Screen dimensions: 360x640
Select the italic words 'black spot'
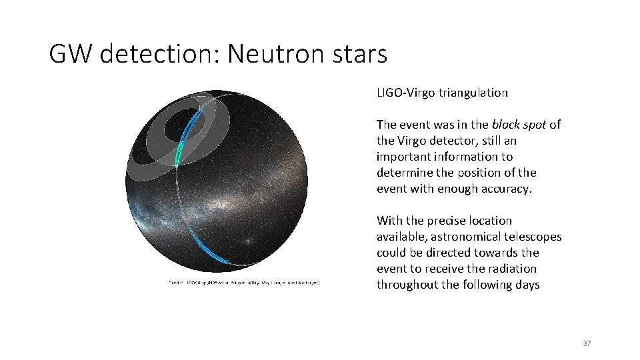(x=519, y=125)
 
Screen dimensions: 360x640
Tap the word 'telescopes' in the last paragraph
(x=535, y=237)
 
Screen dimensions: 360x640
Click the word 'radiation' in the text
(x=514, y=269)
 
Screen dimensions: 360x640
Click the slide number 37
(x=587, y=343)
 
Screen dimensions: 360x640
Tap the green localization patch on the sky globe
(x=179, y=156)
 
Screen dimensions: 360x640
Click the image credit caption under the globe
(x=244, y=283)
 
